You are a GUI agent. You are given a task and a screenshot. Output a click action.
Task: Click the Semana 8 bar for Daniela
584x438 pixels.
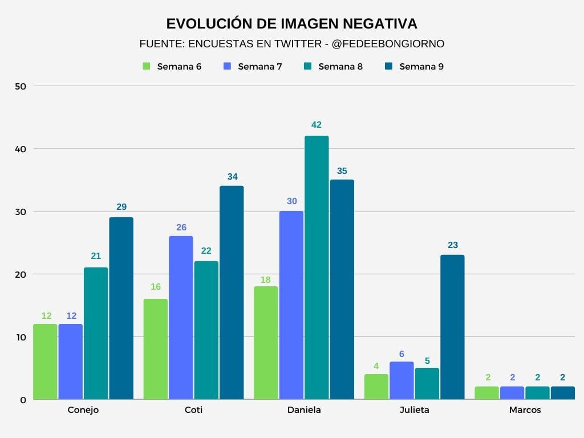point(317,267)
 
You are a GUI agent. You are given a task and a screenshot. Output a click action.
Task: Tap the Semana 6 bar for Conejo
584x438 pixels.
point(45,362)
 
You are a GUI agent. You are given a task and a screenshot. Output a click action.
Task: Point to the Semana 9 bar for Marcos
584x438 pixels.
point(562,393)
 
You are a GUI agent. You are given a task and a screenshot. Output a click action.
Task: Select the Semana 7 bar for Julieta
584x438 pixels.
point(402,380)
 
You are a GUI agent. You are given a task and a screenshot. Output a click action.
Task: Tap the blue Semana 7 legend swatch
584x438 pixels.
point(227,66)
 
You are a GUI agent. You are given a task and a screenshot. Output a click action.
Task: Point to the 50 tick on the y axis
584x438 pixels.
point(21,86)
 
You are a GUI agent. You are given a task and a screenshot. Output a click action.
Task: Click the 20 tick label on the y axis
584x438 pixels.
point(21,274)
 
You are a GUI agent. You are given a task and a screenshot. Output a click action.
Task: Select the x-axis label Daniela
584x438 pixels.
point(304,410)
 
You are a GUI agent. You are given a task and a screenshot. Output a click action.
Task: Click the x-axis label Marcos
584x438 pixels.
point(525,410)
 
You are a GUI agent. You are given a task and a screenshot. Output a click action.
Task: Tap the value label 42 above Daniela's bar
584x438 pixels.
point(317,125)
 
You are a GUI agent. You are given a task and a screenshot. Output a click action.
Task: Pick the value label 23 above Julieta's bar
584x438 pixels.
point(452,245)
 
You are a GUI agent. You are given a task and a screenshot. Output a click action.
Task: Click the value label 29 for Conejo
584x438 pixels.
point(121,207)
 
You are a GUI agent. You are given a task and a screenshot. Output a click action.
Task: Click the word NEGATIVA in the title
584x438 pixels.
point(379,23)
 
